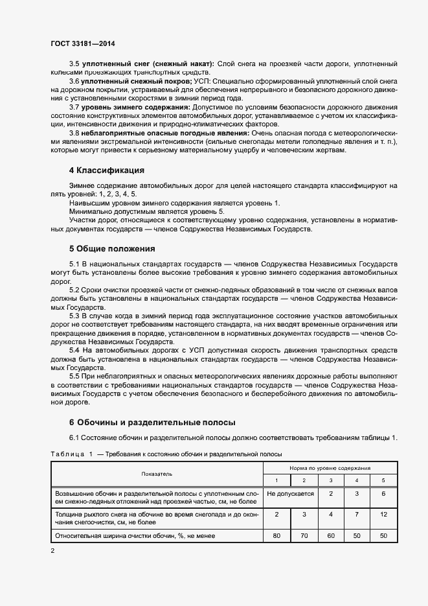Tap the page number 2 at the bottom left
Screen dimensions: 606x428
point(53,551)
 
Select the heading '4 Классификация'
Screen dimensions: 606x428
point(107,171)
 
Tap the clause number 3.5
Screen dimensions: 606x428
point(74,64)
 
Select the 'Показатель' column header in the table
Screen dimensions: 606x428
point(157,474)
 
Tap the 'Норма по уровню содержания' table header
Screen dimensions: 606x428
point(330,467)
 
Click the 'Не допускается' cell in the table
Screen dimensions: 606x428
point(290,494)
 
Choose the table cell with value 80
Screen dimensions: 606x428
point(276,535)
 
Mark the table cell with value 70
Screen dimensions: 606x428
point(304,535)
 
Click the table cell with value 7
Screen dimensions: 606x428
point(355,514)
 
